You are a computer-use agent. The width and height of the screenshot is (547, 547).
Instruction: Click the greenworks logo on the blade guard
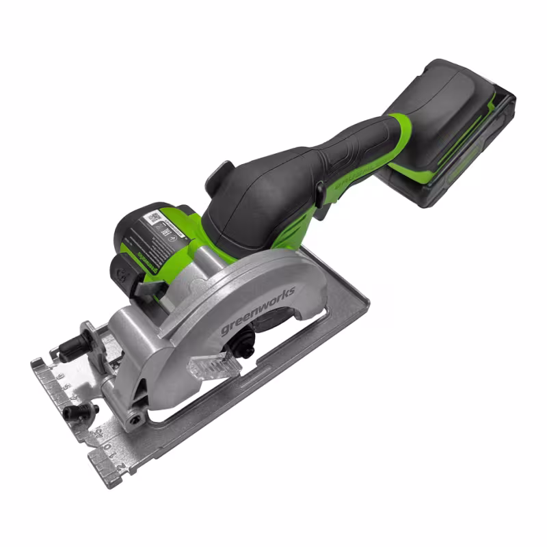click(258, 310)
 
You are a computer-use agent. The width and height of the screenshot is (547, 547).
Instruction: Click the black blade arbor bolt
click(243, 349)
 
